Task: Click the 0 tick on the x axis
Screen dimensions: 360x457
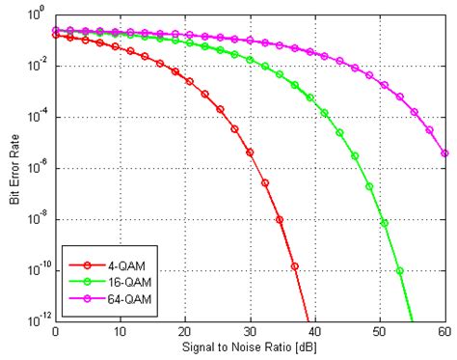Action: (x=55, y=332)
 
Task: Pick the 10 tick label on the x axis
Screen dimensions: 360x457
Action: (x=120, y=332)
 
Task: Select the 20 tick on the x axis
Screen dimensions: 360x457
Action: (x=185, y=332)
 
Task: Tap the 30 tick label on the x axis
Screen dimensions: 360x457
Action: (x=250, y=332)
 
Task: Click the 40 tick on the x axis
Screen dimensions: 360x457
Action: (x=315, y=332)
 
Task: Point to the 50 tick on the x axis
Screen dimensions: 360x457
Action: (x=380, y=332)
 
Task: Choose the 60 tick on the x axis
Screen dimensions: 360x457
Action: (x=444, y=332)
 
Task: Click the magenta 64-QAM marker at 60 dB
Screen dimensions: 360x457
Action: (x=444, y=152)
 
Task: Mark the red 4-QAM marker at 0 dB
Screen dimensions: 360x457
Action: (x=55, y=35)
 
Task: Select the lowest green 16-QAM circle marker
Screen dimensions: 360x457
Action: (x=399, y=270)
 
